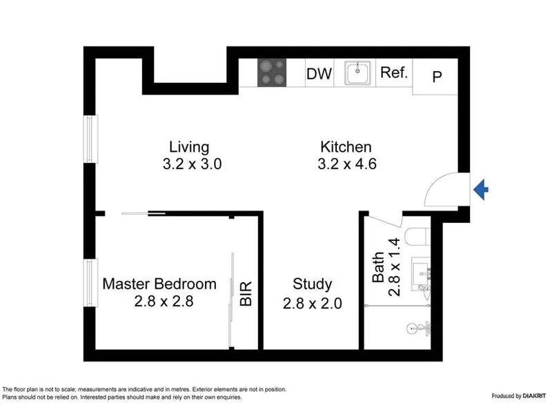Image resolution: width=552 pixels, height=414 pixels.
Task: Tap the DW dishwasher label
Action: coord(319,74)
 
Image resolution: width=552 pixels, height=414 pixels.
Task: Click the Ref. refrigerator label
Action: coord(395,72)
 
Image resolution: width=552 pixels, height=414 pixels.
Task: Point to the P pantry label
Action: coord(436,77)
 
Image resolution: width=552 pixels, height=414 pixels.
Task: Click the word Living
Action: coord(189,147)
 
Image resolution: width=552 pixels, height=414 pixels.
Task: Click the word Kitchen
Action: coord(346,147)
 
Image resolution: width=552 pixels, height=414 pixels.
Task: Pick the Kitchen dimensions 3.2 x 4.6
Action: coord(346,164)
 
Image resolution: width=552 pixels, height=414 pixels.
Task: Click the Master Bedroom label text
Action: coord(159,284)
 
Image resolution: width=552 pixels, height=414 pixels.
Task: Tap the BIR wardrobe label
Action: coord(246,293)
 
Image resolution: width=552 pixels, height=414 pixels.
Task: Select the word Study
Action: coord(312,284)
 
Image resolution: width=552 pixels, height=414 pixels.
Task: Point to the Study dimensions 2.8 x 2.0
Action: coord(312,302)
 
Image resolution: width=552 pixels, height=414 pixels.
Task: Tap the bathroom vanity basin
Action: coord(420,270)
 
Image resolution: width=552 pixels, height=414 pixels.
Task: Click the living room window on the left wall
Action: coord(90,139)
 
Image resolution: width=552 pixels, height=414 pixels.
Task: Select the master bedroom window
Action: coord(90,281)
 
